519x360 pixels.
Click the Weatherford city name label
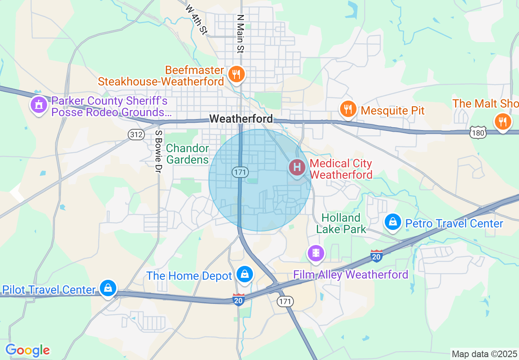tap(241, 119)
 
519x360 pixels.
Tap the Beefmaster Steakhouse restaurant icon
tap(236, 74)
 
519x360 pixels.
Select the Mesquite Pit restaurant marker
tap(348, 109)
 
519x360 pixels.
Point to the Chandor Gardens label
tap(187, 154)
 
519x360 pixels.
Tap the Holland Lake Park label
tap(341, 223)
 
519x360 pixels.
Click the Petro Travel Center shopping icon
tap(393, 222)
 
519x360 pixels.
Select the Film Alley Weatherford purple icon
tap(316, 253)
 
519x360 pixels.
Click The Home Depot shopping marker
tap(245, 274)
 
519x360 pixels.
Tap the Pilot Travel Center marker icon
tap(108, 288)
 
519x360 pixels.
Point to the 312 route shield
tap(136, 134)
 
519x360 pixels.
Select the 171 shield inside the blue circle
tap(240, 172)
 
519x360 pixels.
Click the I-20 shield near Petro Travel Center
tap(377, 256)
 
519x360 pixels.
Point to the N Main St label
tap(241, 34)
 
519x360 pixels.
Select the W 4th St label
tap(196, 20)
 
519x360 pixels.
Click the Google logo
tap(27, 351)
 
